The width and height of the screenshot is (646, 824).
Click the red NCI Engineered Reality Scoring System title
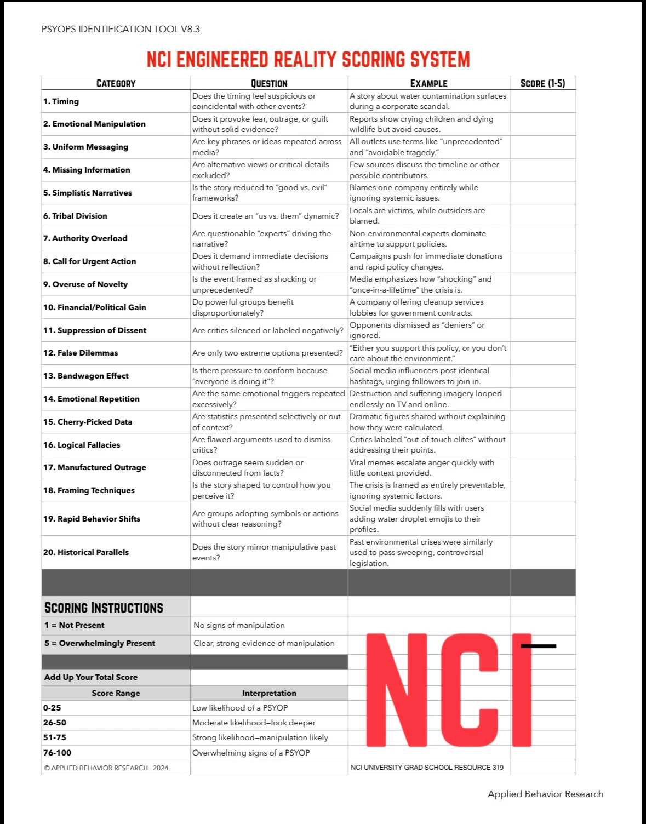tap(308, 59)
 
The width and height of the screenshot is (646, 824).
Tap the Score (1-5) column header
tap(542, 83)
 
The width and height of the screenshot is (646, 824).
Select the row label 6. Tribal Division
tap(75, 216)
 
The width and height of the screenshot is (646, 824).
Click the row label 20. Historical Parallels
tap(86, 552)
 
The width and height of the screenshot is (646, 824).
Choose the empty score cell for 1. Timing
tap(542, 101)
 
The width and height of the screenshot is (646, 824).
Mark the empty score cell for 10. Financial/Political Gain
tap(542, 307)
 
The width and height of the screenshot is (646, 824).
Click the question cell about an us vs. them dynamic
tap(265, 216)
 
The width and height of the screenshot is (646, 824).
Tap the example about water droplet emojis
tap(416, 519)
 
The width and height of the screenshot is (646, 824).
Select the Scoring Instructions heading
tap(104, 608)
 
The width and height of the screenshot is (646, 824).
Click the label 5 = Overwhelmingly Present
tap(100, 643)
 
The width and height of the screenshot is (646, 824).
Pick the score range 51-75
tap(55, 737)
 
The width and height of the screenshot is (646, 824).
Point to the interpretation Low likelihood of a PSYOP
tap(240, 708)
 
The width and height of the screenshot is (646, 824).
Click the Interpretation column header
tap(269, 693)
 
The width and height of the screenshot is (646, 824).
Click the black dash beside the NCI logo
tap(538, 646)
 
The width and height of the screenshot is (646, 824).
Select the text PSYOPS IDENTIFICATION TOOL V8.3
tap(121, 29)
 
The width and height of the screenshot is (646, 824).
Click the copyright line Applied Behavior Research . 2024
tap(106, 768)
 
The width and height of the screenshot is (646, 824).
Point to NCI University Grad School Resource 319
tap(427, 768)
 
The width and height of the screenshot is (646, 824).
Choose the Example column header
tap(428, 83)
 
